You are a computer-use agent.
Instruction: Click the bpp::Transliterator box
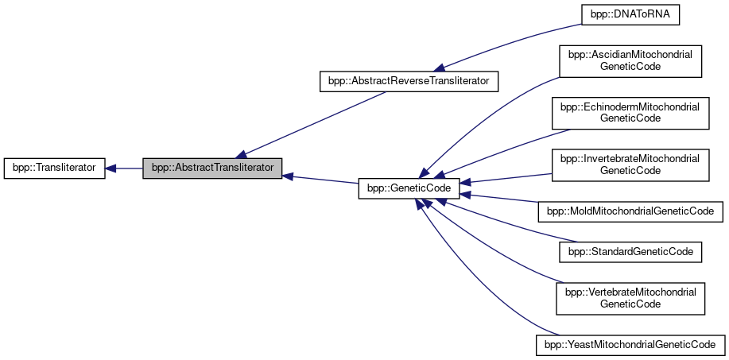pos(54,168)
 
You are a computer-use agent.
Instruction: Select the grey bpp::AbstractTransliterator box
pos(212,168)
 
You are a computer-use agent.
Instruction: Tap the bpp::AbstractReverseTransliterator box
pos(409,81)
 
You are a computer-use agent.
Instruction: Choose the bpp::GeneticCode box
pos(410,188)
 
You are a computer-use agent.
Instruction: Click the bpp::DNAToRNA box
pos(632,15)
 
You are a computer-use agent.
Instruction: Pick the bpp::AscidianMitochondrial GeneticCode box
pos(631,61)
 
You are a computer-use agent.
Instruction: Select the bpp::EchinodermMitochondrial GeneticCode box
pos(631,112)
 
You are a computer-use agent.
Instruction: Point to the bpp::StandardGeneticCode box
pos(631,252)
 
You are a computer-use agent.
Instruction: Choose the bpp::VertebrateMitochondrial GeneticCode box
pos(631,298)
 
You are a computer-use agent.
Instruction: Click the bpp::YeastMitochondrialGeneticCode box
pos(631,346)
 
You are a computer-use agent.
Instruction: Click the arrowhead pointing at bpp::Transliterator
pos(112,168)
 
